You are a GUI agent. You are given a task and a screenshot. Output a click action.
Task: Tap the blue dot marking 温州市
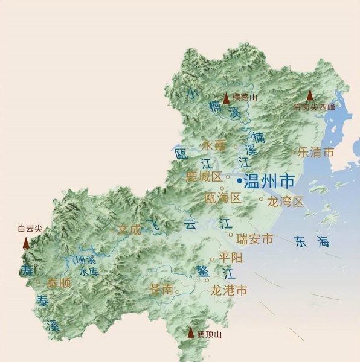tap(240, 180)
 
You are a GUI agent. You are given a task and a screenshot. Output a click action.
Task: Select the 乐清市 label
tap(315, 152)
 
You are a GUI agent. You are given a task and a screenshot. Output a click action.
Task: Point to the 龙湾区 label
tap(285, 202)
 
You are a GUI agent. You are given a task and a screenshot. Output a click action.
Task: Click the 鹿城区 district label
tap(204, 177)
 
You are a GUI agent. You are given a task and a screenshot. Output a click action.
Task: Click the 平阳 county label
tap(231, 258)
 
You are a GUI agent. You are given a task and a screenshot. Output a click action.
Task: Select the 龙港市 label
tap(228, 290)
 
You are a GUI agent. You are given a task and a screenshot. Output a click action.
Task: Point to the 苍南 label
tap(160, 290)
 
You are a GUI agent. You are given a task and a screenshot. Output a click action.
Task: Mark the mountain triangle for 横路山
tap(227, 98)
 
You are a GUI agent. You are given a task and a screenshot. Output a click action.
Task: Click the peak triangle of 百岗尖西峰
tap(310, 95)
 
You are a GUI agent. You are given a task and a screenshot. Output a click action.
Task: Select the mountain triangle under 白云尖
tap(26, 243)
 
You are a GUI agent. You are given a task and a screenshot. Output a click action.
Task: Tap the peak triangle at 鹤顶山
tap(191, 332)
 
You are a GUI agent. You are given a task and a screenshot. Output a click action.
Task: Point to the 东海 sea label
tap(312, 242)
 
